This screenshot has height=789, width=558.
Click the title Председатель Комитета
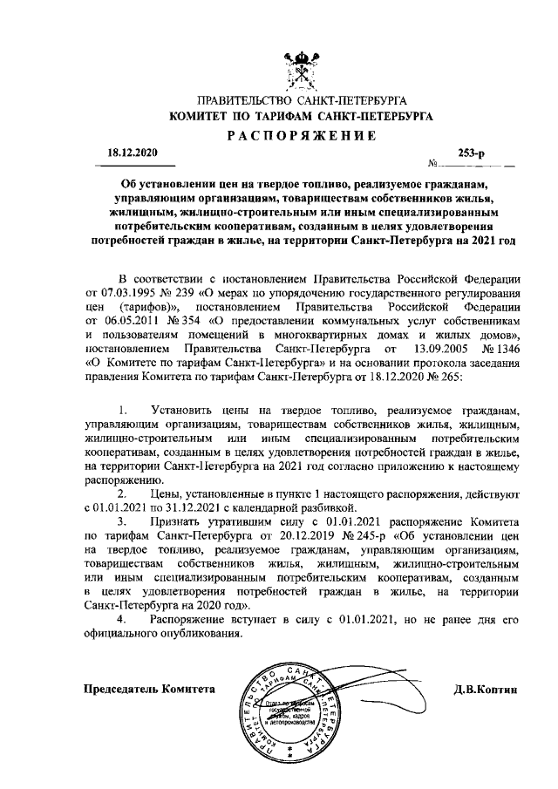tap(147, 689)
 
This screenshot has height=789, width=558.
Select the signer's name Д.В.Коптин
tap(486, 689)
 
